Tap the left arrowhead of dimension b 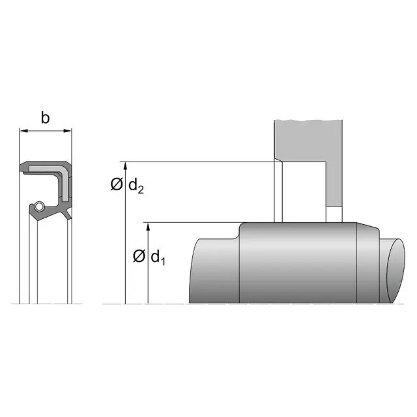pos(24,130)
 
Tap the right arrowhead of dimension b pos(67,130)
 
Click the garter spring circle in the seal pos(39,206)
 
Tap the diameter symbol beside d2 pos(117,184)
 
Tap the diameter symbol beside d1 pos(139,256)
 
